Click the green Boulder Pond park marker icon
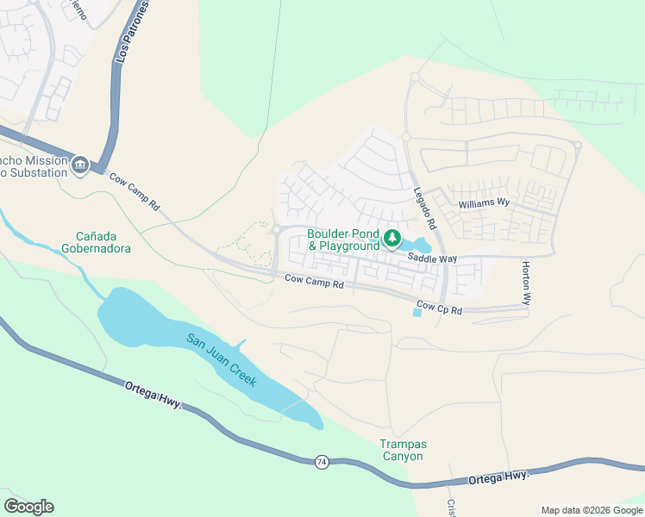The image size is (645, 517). pyautogui.click(x=393, y=238)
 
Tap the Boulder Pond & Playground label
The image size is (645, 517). pyautogui.click(x=343, y=240)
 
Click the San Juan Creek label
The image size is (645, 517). pyautogui.click(x=222, y=358)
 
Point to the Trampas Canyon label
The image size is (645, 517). pyautogui.click(x=403, y=450)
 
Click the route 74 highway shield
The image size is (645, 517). pyautogui.click(x=322, y=462)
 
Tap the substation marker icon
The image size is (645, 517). pyautogui.click(x=80, y=164)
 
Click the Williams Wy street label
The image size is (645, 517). pyautogui.click(x=485, y=204)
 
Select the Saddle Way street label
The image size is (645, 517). pyautogui.click(x=432, y=258)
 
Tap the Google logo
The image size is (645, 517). pyautogui.click(x=28, y=507)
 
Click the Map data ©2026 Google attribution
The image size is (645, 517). pyautogui.click(x=591, y=510)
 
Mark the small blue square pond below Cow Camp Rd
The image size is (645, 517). pyautogui.click(x=418, y=312)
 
